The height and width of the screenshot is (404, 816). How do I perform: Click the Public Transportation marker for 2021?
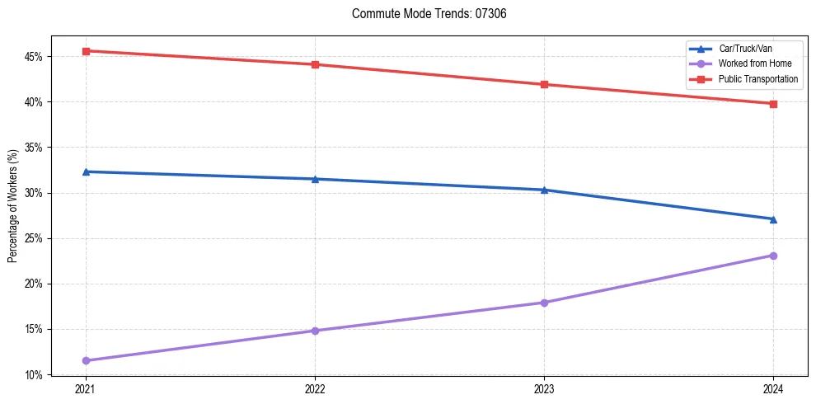(86, 51)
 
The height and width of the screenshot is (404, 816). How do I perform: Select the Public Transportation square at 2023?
(544, 84)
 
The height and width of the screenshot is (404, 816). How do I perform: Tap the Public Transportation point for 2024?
(773, 104)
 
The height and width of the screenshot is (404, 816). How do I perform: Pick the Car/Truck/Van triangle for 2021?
(86, 171)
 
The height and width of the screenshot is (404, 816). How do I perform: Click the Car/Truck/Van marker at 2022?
(315, 179)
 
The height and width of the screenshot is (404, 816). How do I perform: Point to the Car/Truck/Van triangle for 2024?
(773, 219)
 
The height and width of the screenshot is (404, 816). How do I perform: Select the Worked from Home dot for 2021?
(86, 360)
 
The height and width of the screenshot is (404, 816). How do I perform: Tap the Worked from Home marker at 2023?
(544, 303)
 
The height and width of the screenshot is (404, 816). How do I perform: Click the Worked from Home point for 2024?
(773, 256)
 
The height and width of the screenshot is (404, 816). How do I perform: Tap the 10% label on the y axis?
(35, 375)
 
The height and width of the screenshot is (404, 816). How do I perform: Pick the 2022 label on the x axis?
(315, 388)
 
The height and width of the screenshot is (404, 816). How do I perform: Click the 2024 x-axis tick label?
(773, 388)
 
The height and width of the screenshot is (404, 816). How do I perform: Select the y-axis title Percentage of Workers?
(12, 206)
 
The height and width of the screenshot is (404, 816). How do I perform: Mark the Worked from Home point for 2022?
(315, 331)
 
